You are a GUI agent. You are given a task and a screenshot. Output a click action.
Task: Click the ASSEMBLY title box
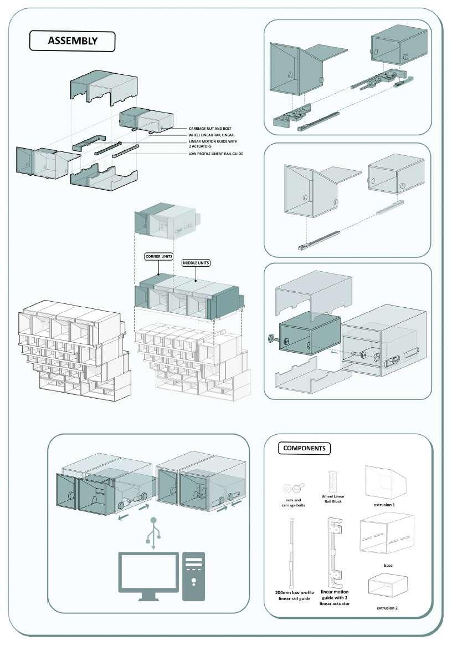click(x=72, y=40)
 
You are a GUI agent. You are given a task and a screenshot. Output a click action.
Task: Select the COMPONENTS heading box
click(x=304, y=448)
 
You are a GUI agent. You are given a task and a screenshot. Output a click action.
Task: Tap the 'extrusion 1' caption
click(x=386, y=505)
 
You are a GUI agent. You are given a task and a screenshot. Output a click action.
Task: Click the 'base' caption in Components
click(x=388, y=566)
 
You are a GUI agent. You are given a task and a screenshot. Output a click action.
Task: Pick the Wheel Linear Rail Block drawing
click(x=333, y=480)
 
